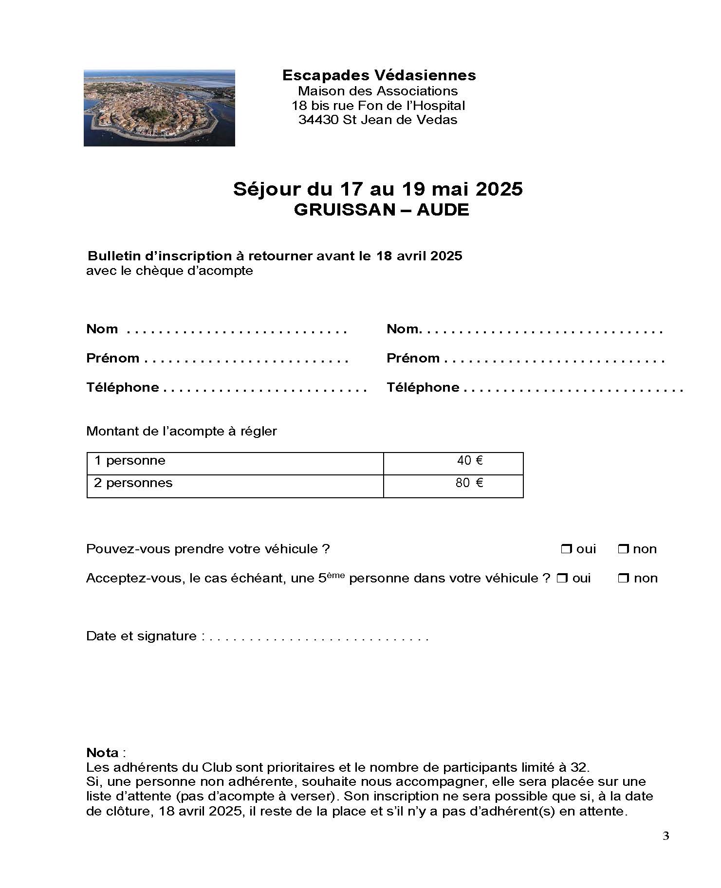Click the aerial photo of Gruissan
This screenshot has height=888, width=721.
(159, 108)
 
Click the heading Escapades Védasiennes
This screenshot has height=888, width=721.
(379, 75)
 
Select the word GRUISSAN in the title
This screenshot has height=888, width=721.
(344, 210)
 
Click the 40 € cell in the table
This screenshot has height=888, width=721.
(469, 461)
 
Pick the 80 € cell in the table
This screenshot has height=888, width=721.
(469, 483)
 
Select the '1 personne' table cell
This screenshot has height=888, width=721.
(130, 461)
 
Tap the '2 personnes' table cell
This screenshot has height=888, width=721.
(133, 483)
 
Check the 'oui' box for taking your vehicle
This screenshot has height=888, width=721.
(566, 549)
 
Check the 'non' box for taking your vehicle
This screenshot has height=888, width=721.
(623, 549)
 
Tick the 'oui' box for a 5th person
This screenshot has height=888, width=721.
(562, 579)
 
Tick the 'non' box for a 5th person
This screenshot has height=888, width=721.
(623, 579)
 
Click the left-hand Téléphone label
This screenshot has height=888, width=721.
(123, 388)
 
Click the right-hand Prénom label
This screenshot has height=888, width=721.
(413, 359)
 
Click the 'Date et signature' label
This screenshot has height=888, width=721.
(141, 636)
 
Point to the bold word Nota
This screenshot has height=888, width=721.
(102, 753)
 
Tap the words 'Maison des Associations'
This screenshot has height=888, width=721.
(378, 91)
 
